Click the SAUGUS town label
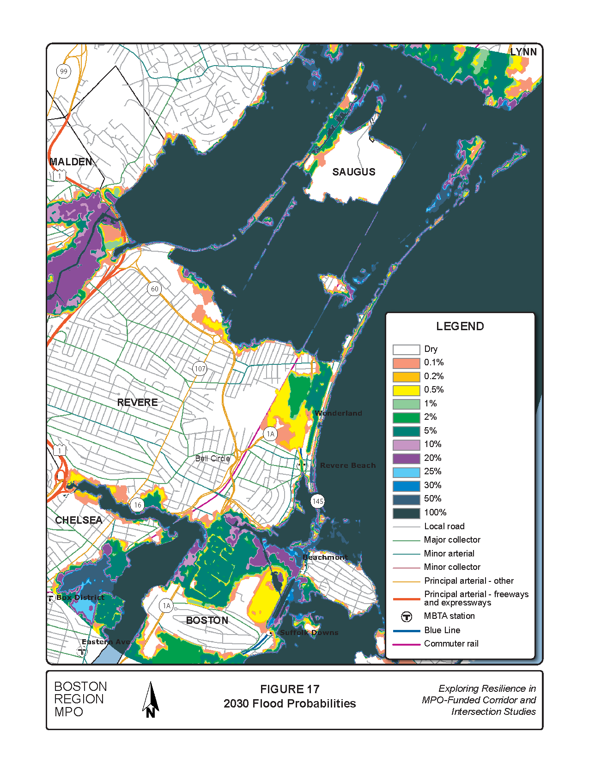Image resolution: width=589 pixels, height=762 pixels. [x=354, y=172]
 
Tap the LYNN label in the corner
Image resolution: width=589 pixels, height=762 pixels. [x=523, y=52]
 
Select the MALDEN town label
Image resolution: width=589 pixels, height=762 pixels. [x=71, y=162]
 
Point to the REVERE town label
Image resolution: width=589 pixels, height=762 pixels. [x=137, y=402]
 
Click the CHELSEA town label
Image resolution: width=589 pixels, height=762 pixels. [x=79, y=520]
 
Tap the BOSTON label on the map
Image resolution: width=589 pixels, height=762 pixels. [x=207, y=620]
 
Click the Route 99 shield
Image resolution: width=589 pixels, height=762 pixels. [x=64, y=71]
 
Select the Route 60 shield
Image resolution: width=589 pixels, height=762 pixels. [x=154, y=289]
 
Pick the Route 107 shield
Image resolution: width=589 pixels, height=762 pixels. [x=200, y=369]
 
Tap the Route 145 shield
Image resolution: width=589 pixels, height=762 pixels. [x=318, y=501]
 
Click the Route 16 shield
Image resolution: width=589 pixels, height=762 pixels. [x=137, y=505]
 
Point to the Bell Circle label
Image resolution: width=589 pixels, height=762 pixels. [x=213, y=459]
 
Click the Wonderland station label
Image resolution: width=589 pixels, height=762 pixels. [x=338, y=413]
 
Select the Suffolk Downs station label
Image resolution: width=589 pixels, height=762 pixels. [x=309, y=633]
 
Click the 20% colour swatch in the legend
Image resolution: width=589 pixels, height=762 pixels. [x=406, y=458]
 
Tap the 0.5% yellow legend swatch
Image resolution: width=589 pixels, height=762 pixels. [x=406, y=390]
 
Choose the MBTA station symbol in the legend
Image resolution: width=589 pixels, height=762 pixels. [x=406, y=617]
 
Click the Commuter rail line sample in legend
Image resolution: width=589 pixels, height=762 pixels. [x=406, y=644]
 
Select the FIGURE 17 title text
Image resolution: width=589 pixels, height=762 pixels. [x=290, y=689]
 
